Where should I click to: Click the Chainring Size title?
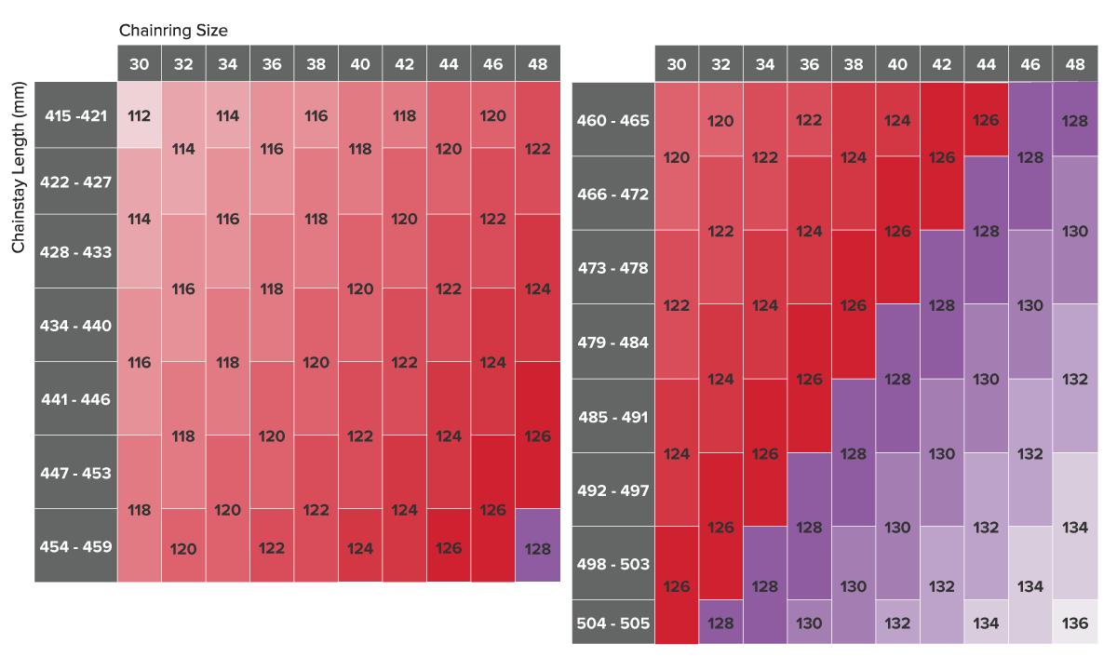coord(173,31)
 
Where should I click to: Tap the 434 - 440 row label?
coord(76,326)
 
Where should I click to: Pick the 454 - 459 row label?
coord(76,546)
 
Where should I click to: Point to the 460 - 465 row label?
coord(613,120)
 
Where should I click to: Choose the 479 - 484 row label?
coord(613,342)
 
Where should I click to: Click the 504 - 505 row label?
coord(613,623)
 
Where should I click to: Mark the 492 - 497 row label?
coord(613,490)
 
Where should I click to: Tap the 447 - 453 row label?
coord(76,473)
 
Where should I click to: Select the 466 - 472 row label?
coord(613,194)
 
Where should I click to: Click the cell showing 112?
coord(140,115)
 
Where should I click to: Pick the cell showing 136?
coord(1075,623)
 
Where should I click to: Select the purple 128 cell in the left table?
coord(538,548)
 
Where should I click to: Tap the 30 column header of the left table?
coord(140,64)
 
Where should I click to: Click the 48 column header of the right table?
coord(1075,64)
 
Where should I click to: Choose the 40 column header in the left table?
coord(360,64)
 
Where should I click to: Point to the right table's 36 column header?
coord(809,64)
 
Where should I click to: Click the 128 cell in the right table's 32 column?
coord(720,623)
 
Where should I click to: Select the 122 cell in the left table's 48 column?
coord(538,149)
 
